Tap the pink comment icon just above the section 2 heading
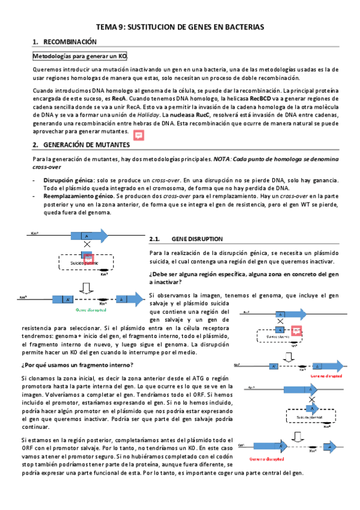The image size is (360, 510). [139, 136]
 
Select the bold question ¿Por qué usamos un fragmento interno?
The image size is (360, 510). [82, 366]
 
